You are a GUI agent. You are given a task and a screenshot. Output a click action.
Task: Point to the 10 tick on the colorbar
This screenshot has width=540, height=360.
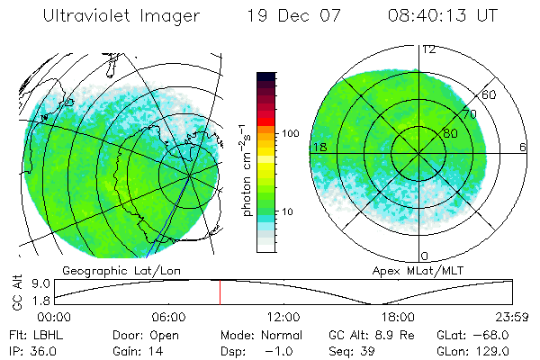[x=291, y=212]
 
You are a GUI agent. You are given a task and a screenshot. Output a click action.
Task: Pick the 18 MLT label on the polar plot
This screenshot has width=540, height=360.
[x=319, y=147]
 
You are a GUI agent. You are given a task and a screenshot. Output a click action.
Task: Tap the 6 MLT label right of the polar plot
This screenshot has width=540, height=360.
[x=522, y=147]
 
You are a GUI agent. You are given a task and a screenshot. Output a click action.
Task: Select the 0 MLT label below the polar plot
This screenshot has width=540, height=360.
[x=425, y=256]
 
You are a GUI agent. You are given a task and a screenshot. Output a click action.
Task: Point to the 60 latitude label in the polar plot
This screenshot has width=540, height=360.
[x=490, y=94]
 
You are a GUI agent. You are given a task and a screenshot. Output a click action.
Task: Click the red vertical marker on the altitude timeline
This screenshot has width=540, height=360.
[x=220, y=292]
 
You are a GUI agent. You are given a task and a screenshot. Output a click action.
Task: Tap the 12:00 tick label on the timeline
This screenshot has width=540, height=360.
[x=283, y=317]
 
